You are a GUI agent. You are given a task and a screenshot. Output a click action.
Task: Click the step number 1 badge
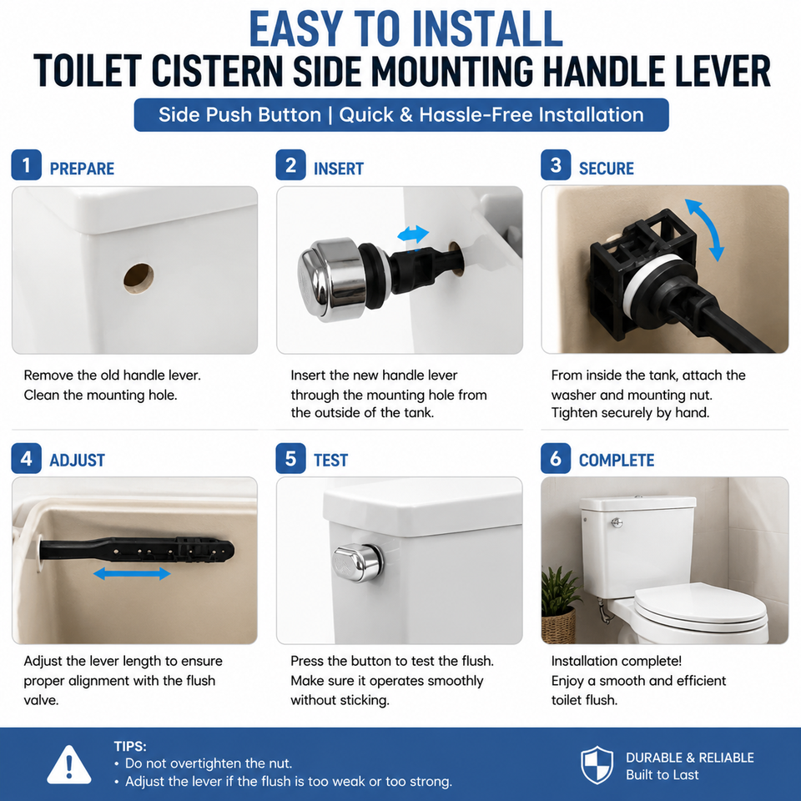click(26, 165)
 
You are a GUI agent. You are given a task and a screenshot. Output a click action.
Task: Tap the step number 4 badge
click(26, 458)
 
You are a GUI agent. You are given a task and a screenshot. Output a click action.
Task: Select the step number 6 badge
click(556, 458)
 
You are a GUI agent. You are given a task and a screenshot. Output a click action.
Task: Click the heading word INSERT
click(338, 169)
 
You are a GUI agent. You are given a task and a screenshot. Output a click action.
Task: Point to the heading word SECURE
click(606, 169)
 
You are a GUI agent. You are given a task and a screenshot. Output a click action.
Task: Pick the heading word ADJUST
click(77, 461)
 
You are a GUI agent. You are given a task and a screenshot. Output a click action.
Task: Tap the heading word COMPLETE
click(616, 461)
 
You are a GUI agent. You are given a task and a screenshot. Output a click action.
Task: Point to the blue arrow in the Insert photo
click(413, 234)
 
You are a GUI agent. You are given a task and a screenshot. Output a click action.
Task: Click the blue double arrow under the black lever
click(132, 574)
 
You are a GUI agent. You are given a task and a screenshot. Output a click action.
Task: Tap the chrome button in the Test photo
click(358, 562)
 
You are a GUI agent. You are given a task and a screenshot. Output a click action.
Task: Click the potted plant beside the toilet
click(560, 604)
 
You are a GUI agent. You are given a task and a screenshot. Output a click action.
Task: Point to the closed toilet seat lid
click(700, 607)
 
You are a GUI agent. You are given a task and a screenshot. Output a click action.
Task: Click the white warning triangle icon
click(69, 766)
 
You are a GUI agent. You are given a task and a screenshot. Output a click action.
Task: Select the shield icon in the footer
click(597, 765)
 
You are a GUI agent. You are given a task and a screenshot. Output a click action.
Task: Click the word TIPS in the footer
click(130, 746)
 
